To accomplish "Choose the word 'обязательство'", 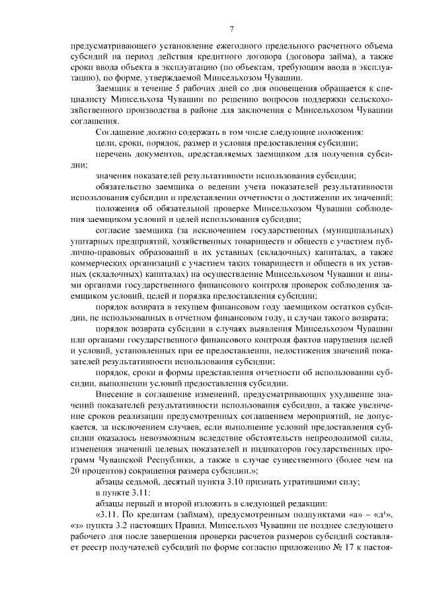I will point(123,187).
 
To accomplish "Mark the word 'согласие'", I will point(112,231).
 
